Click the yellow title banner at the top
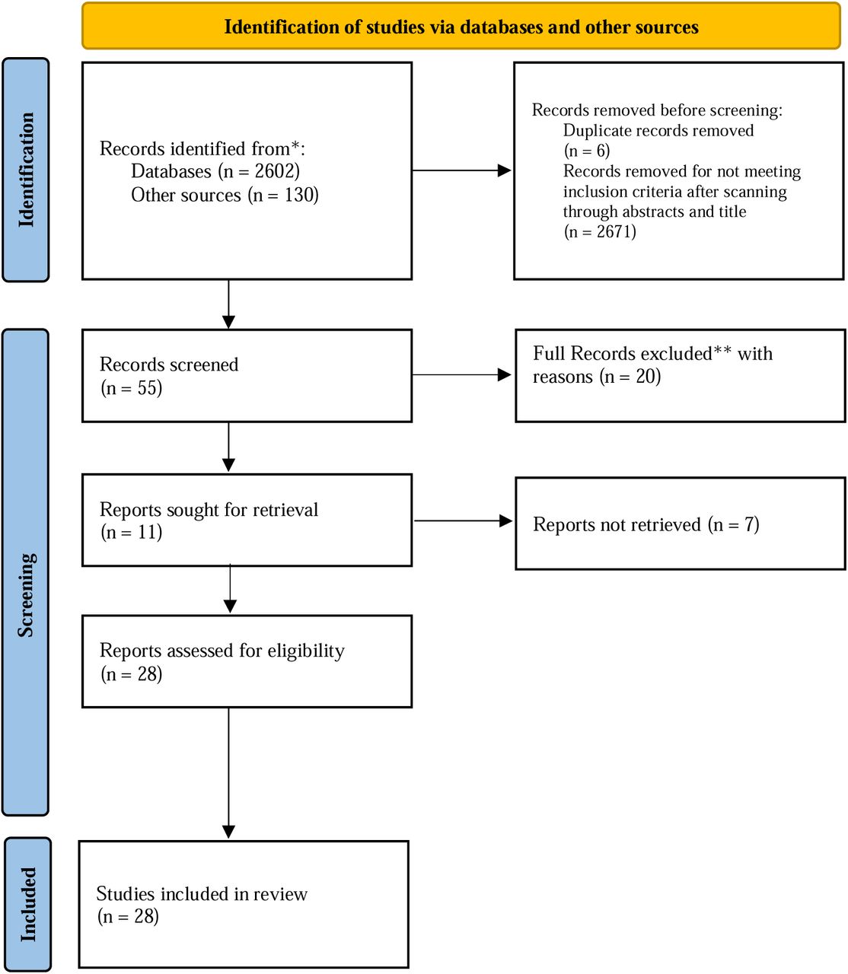tap(461, 26)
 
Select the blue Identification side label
tap(26, 170)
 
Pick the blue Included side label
tap(28, 904)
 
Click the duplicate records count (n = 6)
tap(587, 151)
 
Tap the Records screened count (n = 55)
tap(132, 388)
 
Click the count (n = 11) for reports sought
tap(132, 532)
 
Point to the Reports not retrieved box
tap(680, 524)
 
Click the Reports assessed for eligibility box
tap(247, 661)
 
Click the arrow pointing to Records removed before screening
tap(461, 170)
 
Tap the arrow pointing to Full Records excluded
tap(461, 374)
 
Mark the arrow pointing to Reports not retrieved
tap(463, 520)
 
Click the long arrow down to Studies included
tap(228, 773)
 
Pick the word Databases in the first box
tap(171, 171)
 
